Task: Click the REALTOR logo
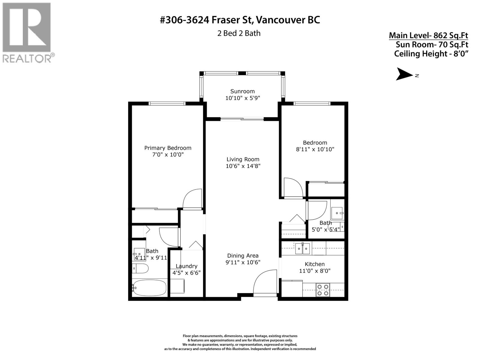coord(28,33)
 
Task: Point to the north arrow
coord(405,74)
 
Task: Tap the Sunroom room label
coord(242,91)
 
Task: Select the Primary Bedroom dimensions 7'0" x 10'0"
coord(168,154)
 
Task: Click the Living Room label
coord(243,159)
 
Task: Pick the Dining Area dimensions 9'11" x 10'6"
coord(243,262)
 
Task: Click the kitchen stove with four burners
coord(323,290)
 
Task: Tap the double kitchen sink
coord(302,248)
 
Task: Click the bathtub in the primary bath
coord(150,288)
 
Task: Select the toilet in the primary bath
coord(140,268)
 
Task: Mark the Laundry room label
coord(187,266)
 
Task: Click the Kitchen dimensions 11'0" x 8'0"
coord(315,271)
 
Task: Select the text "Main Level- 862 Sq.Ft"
coord(428,35)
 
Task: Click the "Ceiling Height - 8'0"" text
coord(431,54)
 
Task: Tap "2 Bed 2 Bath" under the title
coord(239,33)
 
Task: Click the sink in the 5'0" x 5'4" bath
coord(337,213)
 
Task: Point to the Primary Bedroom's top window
coord(167,103)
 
